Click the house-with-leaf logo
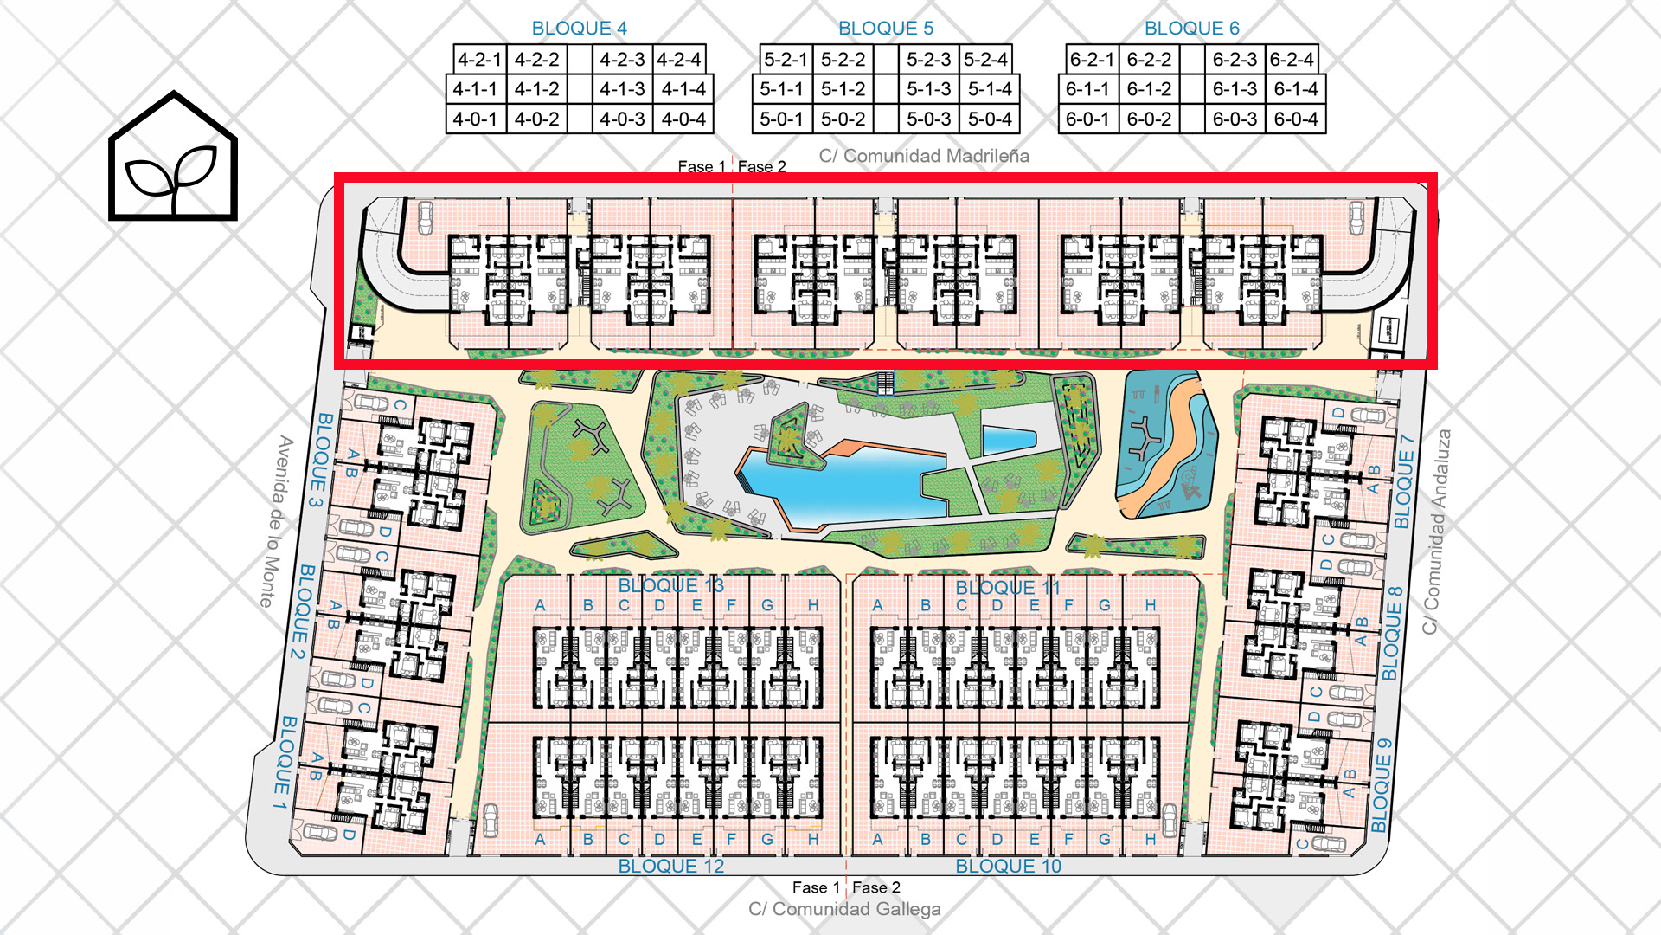(x=173, y=156)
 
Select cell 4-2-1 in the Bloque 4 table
(x=479, y=59)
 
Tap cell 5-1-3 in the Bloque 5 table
(x=928, y=88)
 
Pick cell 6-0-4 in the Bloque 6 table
(x=1296, y=119)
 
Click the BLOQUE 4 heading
(x=580, y=28)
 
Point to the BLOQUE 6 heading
(x=1192, y=28)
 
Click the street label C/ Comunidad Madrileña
(x=924, y=156)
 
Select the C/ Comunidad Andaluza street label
(x=1437, y=532)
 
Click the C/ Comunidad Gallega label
(x=844, y=909)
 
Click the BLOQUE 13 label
(x=670, y=585)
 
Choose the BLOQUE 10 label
(x=1008, y=866)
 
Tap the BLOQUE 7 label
(x=1405, y=481)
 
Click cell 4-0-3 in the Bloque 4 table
(x=622, y=119)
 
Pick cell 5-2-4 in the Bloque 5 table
(x=985, y=59)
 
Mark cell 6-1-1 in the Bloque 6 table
(x=1087, y=88)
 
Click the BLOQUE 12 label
(x=670, y=866)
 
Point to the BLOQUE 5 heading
(x=886, y=28)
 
